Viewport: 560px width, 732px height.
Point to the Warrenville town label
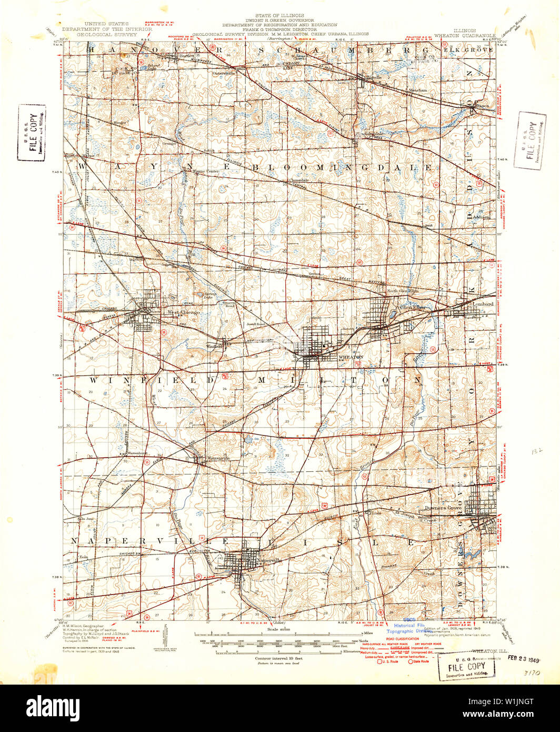pos(219,458)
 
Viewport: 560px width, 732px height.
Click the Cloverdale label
pos(298,180)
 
